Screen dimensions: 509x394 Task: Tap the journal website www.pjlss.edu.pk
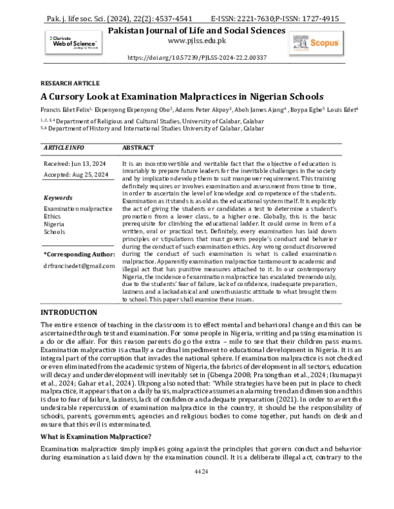(x=196, y=40)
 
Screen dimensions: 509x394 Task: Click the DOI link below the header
(x=196, y=58)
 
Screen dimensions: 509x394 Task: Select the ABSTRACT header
(x=139, y=148)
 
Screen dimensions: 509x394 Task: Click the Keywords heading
(x=58, y=197)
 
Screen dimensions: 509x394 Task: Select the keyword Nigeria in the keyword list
(x=55, y=223)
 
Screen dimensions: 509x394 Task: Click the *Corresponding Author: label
(x=78, y=253)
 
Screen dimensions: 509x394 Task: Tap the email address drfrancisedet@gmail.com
(x=79, y=266)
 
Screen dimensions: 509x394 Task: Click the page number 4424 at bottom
(x=196, y=489)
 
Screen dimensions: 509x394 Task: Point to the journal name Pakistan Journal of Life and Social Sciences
(x=196, y=30)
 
